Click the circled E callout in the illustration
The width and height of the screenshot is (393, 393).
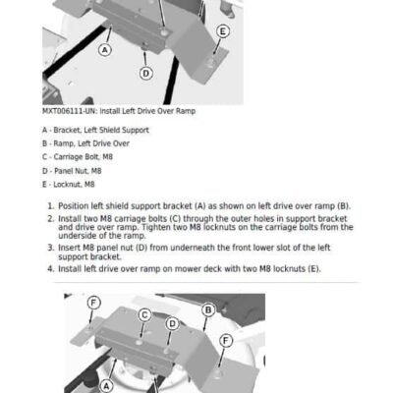coord(223,31)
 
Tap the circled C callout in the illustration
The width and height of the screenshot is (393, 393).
coord(144,315)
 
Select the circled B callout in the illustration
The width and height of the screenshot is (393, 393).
coord(208,309)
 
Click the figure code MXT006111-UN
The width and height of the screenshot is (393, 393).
coord(69,111)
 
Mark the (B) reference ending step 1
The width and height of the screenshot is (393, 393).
coord(344,206)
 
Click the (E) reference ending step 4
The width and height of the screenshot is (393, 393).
coord(314,269)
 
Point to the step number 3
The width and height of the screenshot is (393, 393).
coord(50,248)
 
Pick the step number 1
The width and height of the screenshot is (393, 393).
coord(50,206)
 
